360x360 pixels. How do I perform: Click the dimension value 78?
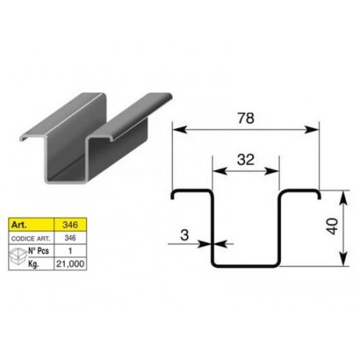[x=246, y=118]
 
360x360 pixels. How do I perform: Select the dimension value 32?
[x=246, y=160]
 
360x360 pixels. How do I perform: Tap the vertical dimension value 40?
[x=333, y=226]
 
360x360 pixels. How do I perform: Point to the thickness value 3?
[x=184, y=235]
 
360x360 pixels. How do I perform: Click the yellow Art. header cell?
[x=31, y=225]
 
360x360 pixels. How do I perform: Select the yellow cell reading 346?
[x=71, y=225]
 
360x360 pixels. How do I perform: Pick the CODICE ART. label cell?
[x=31, y=238]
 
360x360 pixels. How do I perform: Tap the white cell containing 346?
[x=71, y=238]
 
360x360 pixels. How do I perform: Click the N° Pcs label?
[x=39, y=251]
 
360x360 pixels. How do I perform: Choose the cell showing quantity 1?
[x=71, y=251]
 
